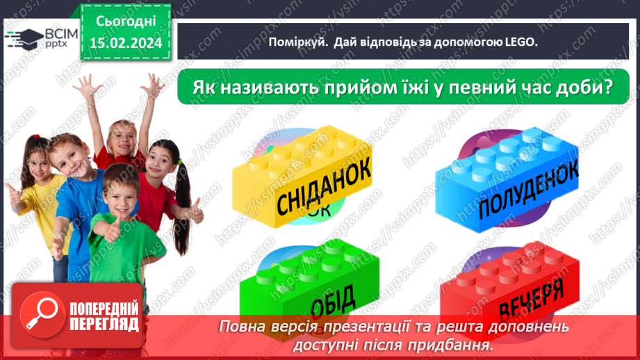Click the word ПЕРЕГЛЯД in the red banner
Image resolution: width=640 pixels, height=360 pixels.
click(x=104, y=324)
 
